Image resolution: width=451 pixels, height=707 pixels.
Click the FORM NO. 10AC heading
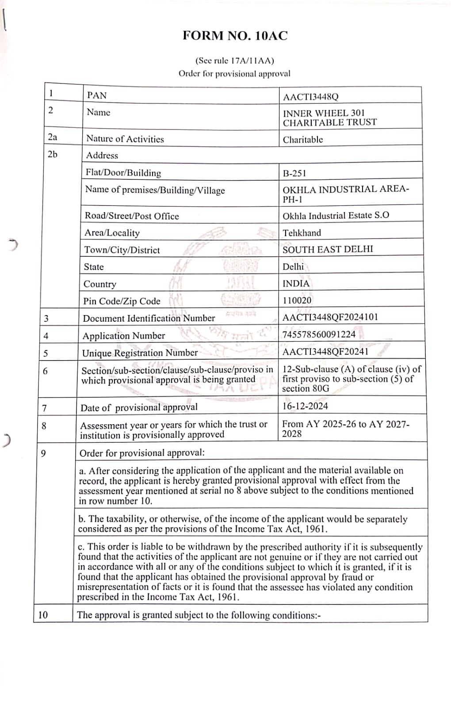235,36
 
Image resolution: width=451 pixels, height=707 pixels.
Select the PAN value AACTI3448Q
310,97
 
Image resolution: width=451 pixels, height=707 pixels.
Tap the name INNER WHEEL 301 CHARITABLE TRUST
329,118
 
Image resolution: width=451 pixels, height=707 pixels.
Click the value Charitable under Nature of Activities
303,140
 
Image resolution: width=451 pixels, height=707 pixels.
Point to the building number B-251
294,173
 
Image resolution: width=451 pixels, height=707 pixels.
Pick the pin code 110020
297,300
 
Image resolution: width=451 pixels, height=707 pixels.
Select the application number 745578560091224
319,334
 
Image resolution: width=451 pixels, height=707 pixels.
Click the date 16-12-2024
305,406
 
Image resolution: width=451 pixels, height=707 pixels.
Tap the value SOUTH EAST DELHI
328,249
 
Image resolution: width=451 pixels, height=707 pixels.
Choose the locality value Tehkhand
302,233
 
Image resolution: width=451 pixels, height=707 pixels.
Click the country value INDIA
296,284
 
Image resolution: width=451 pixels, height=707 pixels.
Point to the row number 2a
53,137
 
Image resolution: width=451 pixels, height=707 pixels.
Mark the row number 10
43,615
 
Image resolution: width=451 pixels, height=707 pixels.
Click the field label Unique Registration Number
140,353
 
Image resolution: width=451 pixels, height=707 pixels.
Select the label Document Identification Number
149,318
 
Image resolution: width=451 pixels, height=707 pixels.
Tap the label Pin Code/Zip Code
122,301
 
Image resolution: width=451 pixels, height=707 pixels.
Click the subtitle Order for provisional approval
234,74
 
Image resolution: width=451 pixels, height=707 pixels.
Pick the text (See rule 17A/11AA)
234,61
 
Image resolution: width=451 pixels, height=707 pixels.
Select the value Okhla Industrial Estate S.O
336,216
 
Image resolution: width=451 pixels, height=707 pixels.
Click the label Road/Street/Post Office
132,216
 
